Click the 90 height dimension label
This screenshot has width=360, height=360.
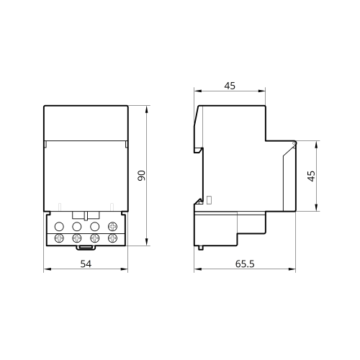[142, 176]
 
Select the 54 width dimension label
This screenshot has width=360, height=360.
[86, 264]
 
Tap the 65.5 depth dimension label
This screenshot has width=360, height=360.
[245, 264]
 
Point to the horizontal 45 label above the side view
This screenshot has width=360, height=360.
[230, 86]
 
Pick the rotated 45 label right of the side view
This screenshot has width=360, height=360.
[311, 176]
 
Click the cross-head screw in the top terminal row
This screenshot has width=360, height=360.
[112, 226]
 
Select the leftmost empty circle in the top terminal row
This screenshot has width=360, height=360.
[59, 226]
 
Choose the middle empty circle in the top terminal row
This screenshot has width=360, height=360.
[77, 226]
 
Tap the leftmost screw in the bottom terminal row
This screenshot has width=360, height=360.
[59, 238]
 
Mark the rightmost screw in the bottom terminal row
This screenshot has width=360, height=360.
[112, 238]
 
